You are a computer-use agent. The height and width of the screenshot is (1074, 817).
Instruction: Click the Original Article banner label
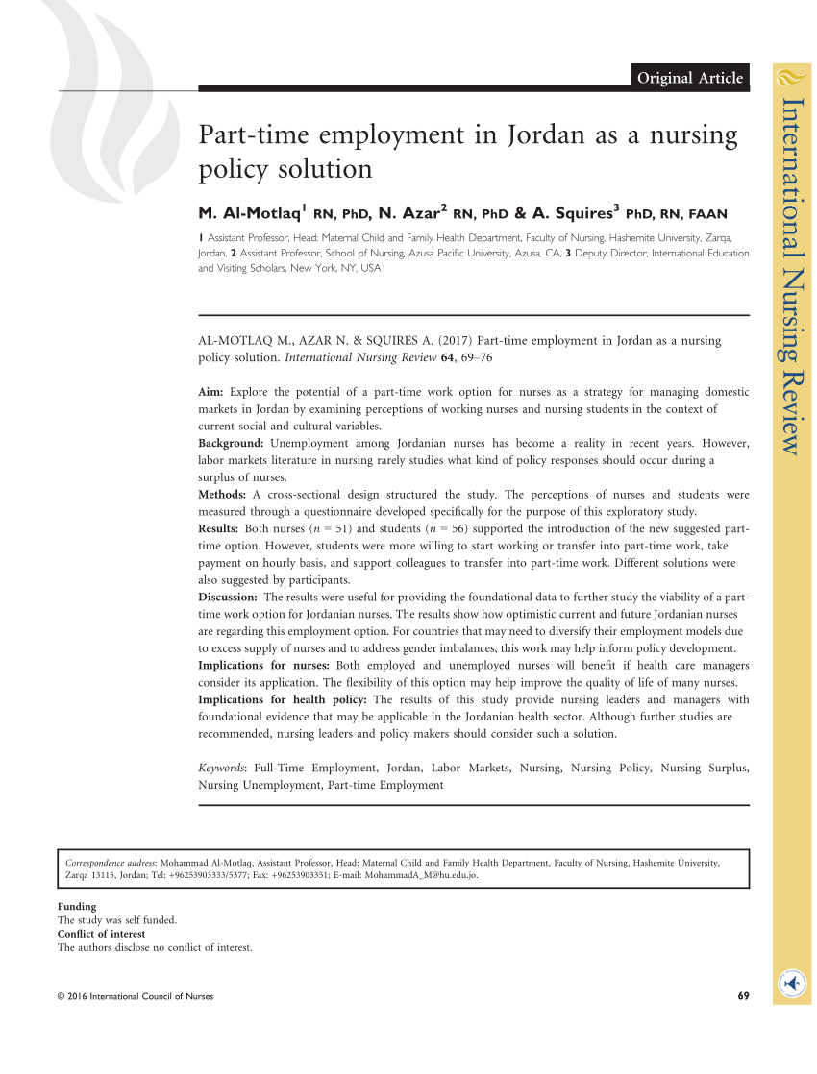(690, 78)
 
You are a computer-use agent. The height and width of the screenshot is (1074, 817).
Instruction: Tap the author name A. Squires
(572, 212)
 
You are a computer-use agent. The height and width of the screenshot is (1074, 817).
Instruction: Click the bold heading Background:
(232, 443)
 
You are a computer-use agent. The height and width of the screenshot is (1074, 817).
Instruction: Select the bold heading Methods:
(223, 495)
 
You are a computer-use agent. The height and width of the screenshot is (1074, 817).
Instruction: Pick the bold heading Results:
(219, 529)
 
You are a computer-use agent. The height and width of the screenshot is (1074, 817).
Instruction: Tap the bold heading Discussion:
(228, 598)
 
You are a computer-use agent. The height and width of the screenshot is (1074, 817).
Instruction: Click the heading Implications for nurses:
(264, 665)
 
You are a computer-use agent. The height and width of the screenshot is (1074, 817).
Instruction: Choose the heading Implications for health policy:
(282, 699)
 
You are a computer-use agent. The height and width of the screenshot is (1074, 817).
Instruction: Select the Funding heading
(77, 906)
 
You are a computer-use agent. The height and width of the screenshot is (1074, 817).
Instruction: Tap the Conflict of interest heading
(102, 934)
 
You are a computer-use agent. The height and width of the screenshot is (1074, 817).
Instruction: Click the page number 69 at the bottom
(743, 996)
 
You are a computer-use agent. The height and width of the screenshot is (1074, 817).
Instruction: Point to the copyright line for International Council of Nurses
(136, 996)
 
